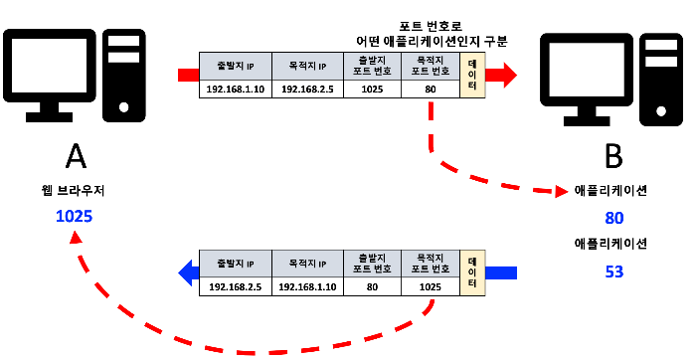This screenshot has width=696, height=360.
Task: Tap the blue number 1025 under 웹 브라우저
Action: tap(75, 215)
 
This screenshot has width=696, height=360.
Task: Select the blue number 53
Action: tap(612, 270)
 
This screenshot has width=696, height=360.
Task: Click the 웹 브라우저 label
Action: tap(75, 189)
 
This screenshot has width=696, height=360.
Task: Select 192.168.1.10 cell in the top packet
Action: tap(236, 89)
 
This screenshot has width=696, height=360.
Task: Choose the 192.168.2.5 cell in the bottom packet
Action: tap(236, 286)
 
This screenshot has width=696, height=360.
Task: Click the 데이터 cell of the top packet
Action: tap(472, 75)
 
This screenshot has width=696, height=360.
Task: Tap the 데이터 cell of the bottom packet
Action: tap(472, 271)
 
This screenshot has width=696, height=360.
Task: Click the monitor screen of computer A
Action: tap(48, 69)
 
